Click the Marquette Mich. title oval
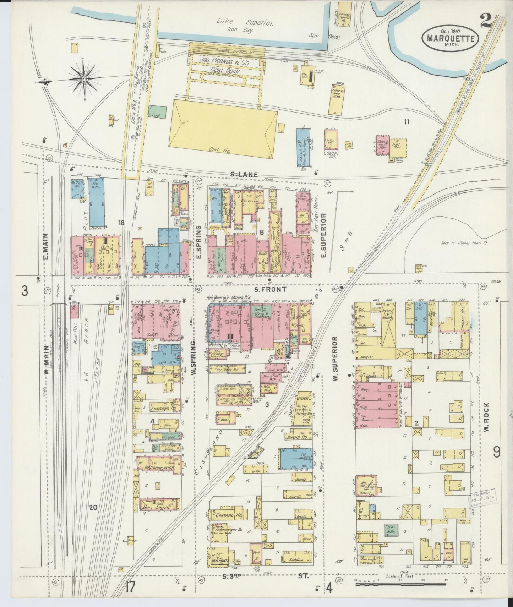pos(450,37)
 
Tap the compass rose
pos(83,78)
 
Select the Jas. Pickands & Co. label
pos(224,61)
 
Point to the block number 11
pos(406,122)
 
